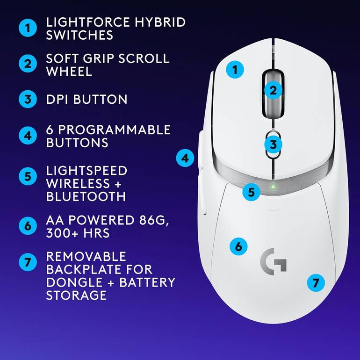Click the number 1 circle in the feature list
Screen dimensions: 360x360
pos(28,28)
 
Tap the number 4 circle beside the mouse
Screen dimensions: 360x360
pos(185,158)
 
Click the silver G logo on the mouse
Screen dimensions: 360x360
pos(274,261)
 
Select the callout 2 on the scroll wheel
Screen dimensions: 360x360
pos(273,90)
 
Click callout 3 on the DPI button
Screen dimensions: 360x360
pos(273,144)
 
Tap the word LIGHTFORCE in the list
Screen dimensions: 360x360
pos(88,22)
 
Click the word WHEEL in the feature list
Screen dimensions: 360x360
pos(69,71)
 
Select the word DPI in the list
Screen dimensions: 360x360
pos(57,99)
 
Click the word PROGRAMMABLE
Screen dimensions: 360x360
pos(115,130)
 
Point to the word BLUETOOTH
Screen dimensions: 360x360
pos(86,196)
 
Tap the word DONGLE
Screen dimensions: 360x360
pos(74,282)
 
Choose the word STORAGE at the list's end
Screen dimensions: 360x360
pos(76,295)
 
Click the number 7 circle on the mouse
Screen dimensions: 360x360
pos(316,283)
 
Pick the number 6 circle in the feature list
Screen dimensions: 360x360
pos(28,226)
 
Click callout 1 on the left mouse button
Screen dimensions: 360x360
pos(235,70)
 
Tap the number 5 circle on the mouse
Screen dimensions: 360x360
pos(252,192)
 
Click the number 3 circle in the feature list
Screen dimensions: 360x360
pos(28,99)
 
